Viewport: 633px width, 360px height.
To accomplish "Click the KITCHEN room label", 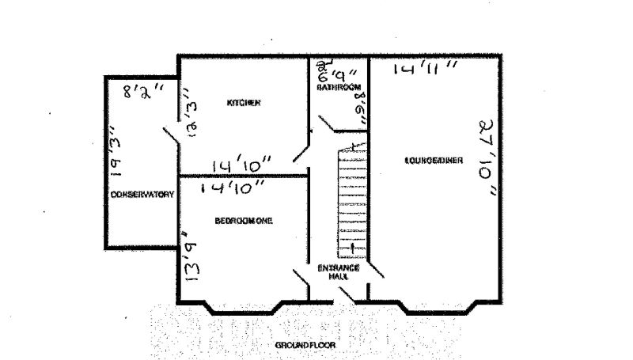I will (x=244, y=104).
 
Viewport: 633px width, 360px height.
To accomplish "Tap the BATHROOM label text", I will (x=339, y=87).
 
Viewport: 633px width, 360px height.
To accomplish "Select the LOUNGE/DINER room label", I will (x=434, y=161).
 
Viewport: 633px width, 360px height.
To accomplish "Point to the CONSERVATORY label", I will (x=142, y=195).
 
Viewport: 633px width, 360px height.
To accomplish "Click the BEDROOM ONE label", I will (x=244, y=222).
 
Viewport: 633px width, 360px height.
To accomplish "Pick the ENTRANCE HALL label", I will (x=339, y=271).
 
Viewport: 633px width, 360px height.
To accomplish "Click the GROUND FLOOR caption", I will (x=305, y=347).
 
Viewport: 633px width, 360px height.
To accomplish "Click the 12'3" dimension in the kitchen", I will (x=191, y=119).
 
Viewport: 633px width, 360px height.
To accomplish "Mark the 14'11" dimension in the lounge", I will (x=426, y=70).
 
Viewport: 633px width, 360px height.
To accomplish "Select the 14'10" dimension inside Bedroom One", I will (x=233, y=188).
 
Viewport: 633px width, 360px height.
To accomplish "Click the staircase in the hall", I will (x=349, y=202).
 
